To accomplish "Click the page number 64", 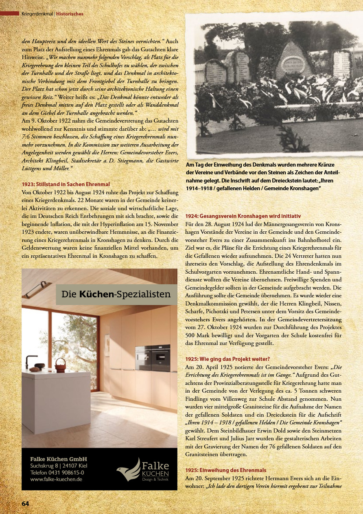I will point(25,503).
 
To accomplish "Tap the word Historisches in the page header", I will point(70,14).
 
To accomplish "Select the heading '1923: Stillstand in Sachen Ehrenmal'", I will point(66,184).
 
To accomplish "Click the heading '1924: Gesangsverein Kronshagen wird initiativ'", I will point(243,216).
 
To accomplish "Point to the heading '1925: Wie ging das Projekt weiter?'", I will point(227,359).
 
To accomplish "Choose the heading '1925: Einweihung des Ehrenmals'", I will point(225,470).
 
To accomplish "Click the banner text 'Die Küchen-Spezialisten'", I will point(116,294).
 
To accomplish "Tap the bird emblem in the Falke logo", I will point(127,470).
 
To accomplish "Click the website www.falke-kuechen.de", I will point(56,479).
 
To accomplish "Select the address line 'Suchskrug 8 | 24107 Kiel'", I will point(59,466).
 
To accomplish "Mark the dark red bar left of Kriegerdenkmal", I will point(10,14).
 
